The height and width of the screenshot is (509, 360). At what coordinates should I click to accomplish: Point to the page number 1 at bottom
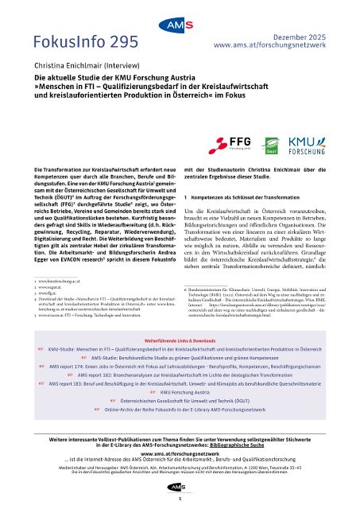[180, 500]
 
